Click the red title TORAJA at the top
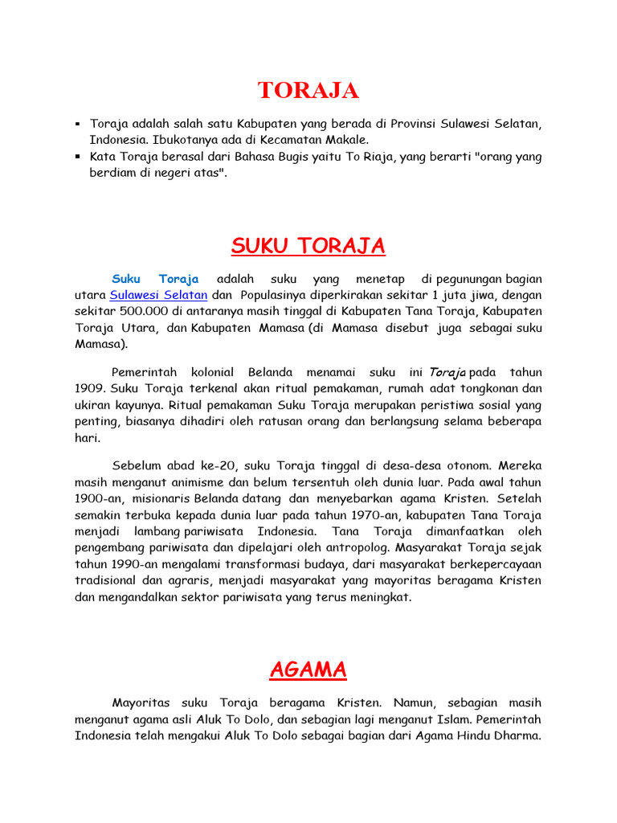tap(308, 91)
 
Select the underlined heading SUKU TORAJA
tap(308, 245)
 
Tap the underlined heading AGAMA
tap(308, 669)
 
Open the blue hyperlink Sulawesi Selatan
tap(158, 294)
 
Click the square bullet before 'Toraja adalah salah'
tap(78, 124)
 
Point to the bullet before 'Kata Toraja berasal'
tap(78, 157)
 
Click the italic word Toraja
tap(447, 372)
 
